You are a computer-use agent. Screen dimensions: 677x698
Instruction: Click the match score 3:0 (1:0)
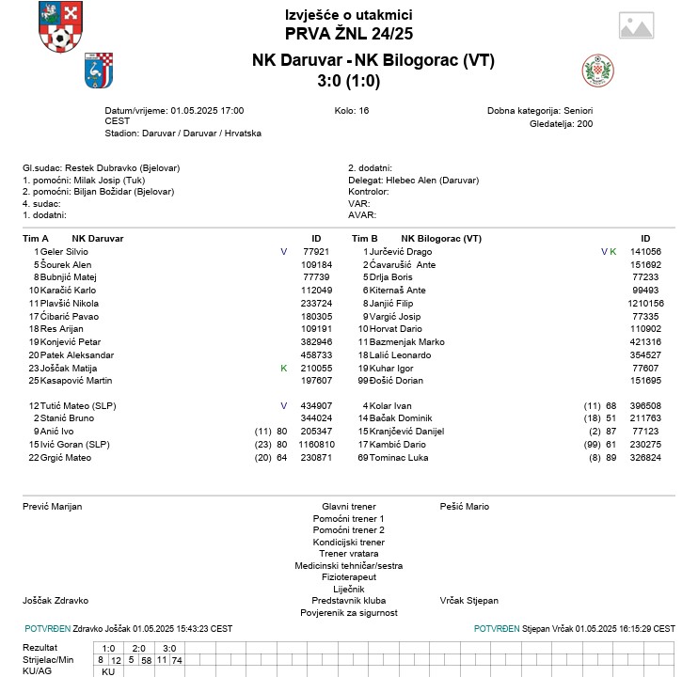coord(348,81)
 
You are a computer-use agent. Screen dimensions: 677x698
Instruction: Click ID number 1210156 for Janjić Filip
coord(645,304)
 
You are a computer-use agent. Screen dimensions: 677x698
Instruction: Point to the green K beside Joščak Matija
coord(283,369)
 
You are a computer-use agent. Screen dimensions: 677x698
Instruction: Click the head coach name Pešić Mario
coord(465,507)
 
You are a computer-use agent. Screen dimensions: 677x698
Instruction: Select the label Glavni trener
coord(348,507)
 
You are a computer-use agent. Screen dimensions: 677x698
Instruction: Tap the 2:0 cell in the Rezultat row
coord(138,648)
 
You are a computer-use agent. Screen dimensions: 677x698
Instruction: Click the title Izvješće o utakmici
coord(348,15)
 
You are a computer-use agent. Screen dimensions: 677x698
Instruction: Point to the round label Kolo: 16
coord(352,110)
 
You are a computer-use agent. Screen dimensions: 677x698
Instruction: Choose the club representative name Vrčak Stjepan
coord(469,600)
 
